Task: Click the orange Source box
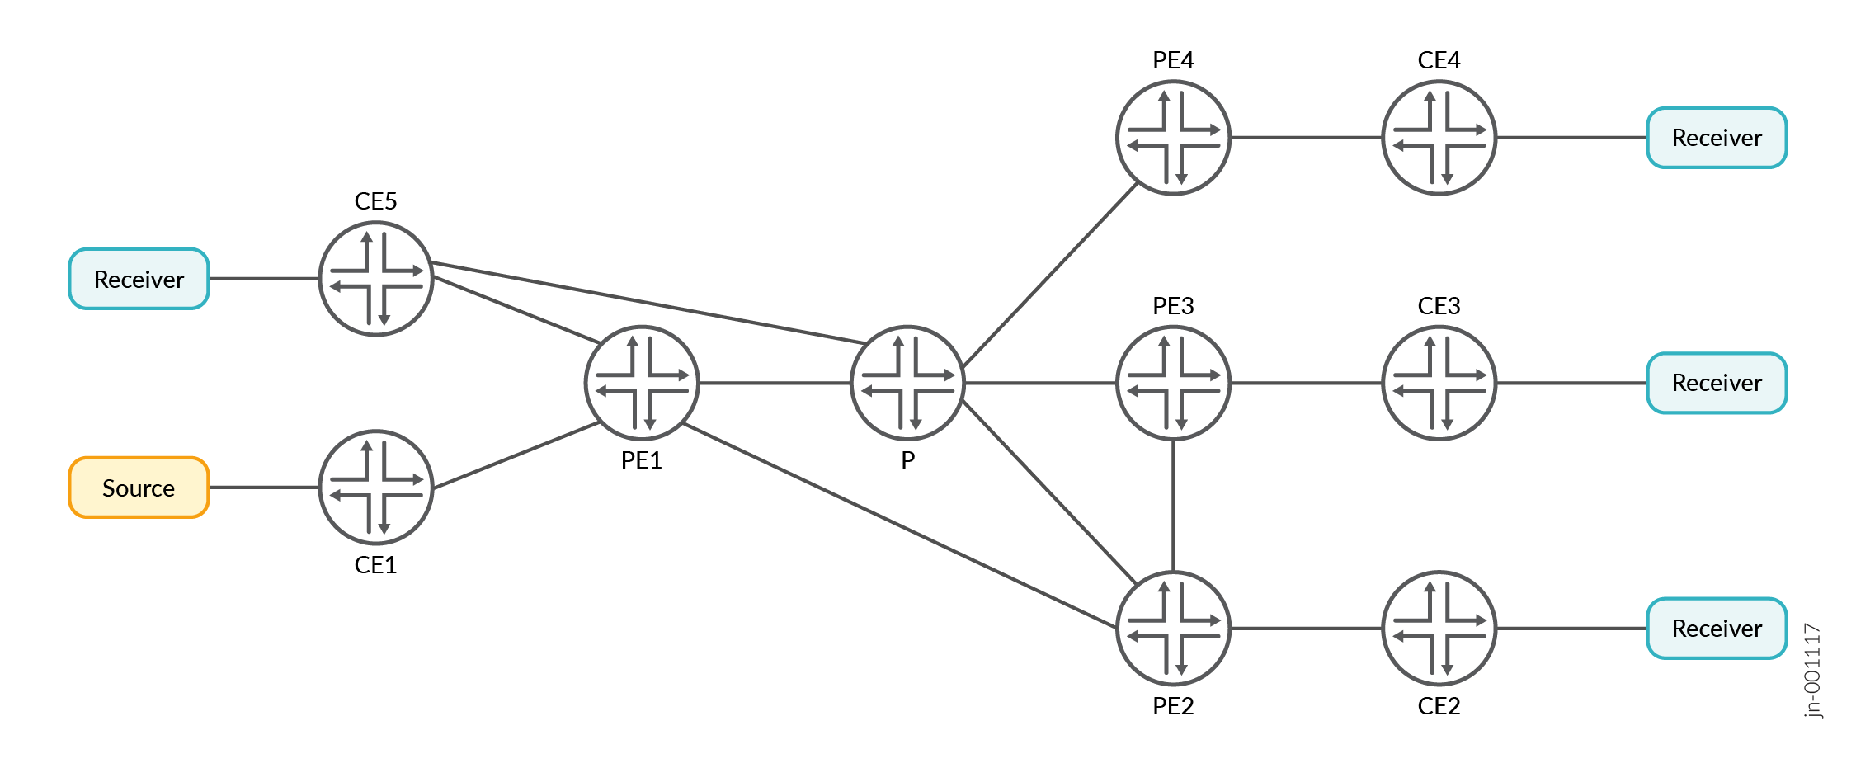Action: click(x=139, y=488)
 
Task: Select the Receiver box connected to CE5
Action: click(x=139, y=279)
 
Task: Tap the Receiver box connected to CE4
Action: click(x=1717, y=138)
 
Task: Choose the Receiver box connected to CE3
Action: click(x=1717, y=383)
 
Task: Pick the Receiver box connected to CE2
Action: click(x=1717, y=629)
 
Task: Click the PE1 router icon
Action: click(x=642, y=383)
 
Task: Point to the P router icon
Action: click(x=907, y=383)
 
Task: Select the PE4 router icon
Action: click(x=1173, y=138)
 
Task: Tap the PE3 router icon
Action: click(x=1173, y=383)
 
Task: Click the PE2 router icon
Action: click(x=1173, y=629)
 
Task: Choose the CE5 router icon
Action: click(x=376, y=279)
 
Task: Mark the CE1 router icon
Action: click(x=376, y=488)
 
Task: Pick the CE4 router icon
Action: click(x=1439, y=138)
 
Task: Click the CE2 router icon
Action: click(x=1439, y=629)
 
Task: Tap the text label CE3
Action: click(x=1439, y=306)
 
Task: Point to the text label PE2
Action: click(x=1173, y=706)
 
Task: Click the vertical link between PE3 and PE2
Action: click(x=1173, y=506)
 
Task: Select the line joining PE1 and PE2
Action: click(x=900, y=525)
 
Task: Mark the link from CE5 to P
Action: click(x=648, y=303)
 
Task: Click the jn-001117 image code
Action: click(x=1812, y=671)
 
